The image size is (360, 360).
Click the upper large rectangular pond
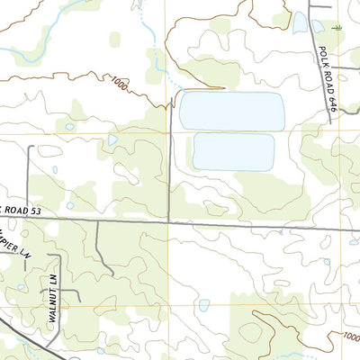pos(231,110)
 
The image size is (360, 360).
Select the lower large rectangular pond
pos(233,151)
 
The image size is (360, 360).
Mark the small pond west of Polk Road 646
pos(299,23)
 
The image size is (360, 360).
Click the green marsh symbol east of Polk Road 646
pos(337,28)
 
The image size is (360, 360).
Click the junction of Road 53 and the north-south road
pos(169,219)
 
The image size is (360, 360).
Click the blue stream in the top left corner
pos(36,54)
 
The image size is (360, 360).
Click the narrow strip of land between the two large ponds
pos(232,130)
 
